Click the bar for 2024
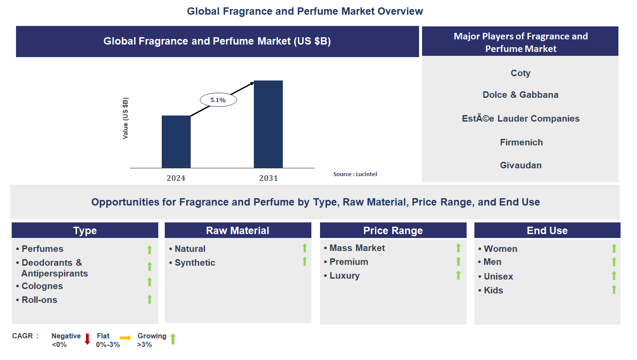point(176,141)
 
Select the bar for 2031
point(268,124)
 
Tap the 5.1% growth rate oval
point(218,100)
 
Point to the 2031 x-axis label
point(268,178)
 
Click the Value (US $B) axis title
point(125,118)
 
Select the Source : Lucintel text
point(355,174)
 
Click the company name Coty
point(520,73)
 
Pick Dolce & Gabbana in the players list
point(520,95)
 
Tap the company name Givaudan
point(520,165)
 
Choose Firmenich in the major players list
point(521,142)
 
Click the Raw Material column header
point(237,231)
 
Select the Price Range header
point(393,231)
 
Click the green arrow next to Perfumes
point(150,250)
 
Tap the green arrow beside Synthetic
point(304,261)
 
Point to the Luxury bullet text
point(344,276)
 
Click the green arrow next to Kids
point(614,289)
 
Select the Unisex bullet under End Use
point(498,276)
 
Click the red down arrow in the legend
point(87,339)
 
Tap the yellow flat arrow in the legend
point(125,338)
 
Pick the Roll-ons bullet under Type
point(39,300)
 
